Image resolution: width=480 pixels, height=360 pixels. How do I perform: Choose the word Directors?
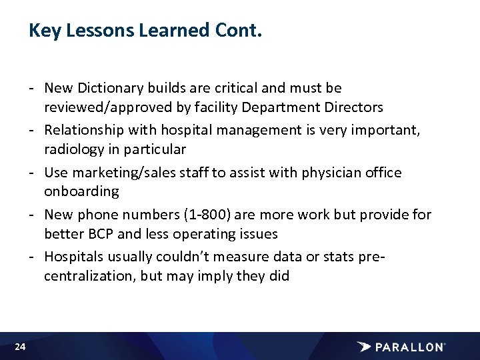point(355,107)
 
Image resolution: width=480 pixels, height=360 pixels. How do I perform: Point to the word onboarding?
point(81,191)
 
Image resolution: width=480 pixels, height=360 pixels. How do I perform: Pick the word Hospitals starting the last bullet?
point(73,257)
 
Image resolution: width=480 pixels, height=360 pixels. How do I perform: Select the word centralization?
point(89,276)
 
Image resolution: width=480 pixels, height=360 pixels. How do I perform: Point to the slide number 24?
point(20,347)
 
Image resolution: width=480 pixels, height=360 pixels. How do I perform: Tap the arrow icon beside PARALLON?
point(364,347)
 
